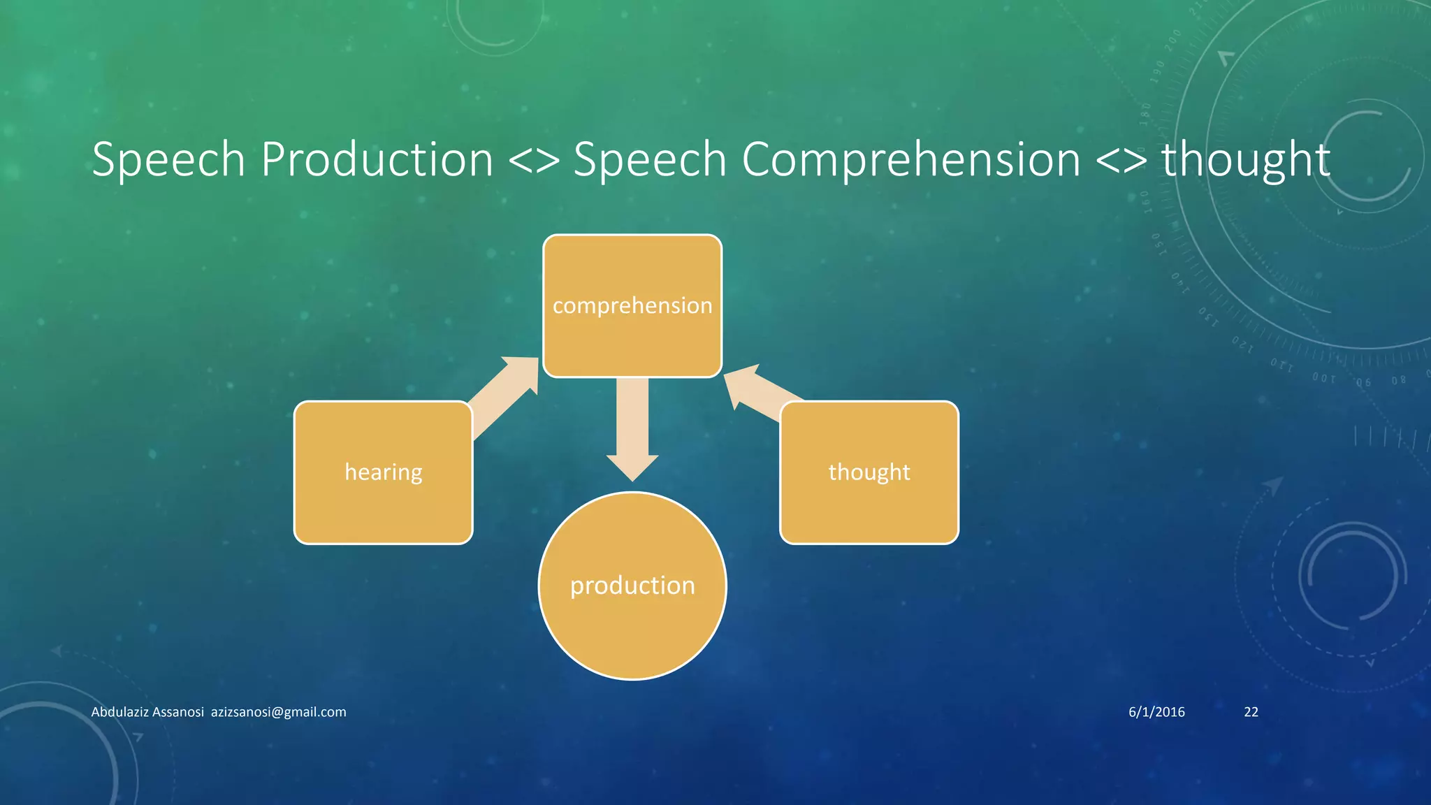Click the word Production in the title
377,159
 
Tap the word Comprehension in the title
910,159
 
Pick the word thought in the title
1245,159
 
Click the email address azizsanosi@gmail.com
278,711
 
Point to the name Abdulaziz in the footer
119,711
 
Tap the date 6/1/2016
1156,711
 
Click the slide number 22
1251,711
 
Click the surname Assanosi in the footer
177,711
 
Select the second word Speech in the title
650,159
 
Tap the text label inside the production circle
632,586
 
